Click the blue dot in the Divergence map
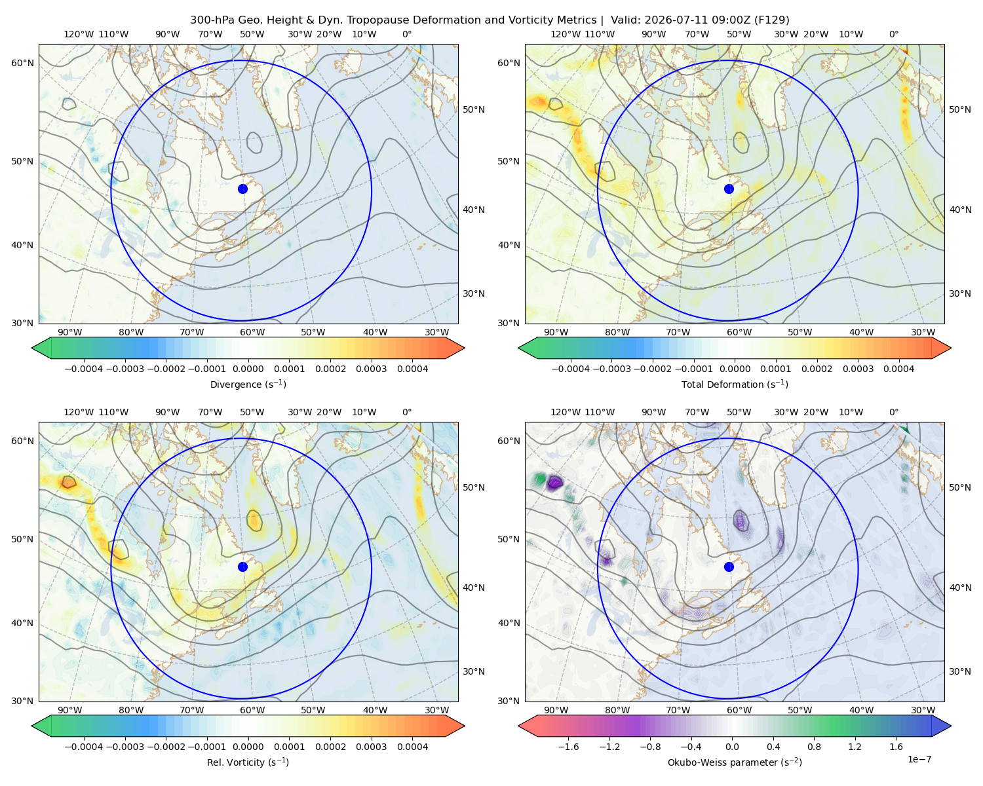242,189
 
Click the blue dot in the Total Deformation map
729,189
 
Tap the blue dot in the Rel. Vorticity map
242,567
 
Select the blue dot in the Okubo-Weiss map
729,567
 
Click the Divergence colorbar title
248,384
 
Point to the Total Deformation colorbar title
735,384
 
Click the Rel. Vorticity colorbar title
248,762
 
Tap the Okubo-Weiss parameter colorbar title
735,762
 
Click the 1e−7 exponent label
919,759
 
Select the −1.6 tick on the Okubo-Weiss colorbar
568,746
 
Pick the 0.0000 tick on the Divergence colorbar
248,369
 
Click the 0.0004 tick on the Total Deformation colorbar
899,369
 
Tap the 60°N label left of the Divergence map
22,63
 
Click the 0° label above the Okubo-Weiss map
893,411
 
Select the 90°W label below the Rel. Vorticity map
70,710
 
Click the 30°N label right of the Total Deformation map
960,293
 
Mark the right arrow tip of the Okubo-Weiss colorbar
951,726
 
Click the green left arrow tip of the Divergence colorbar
32,348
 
